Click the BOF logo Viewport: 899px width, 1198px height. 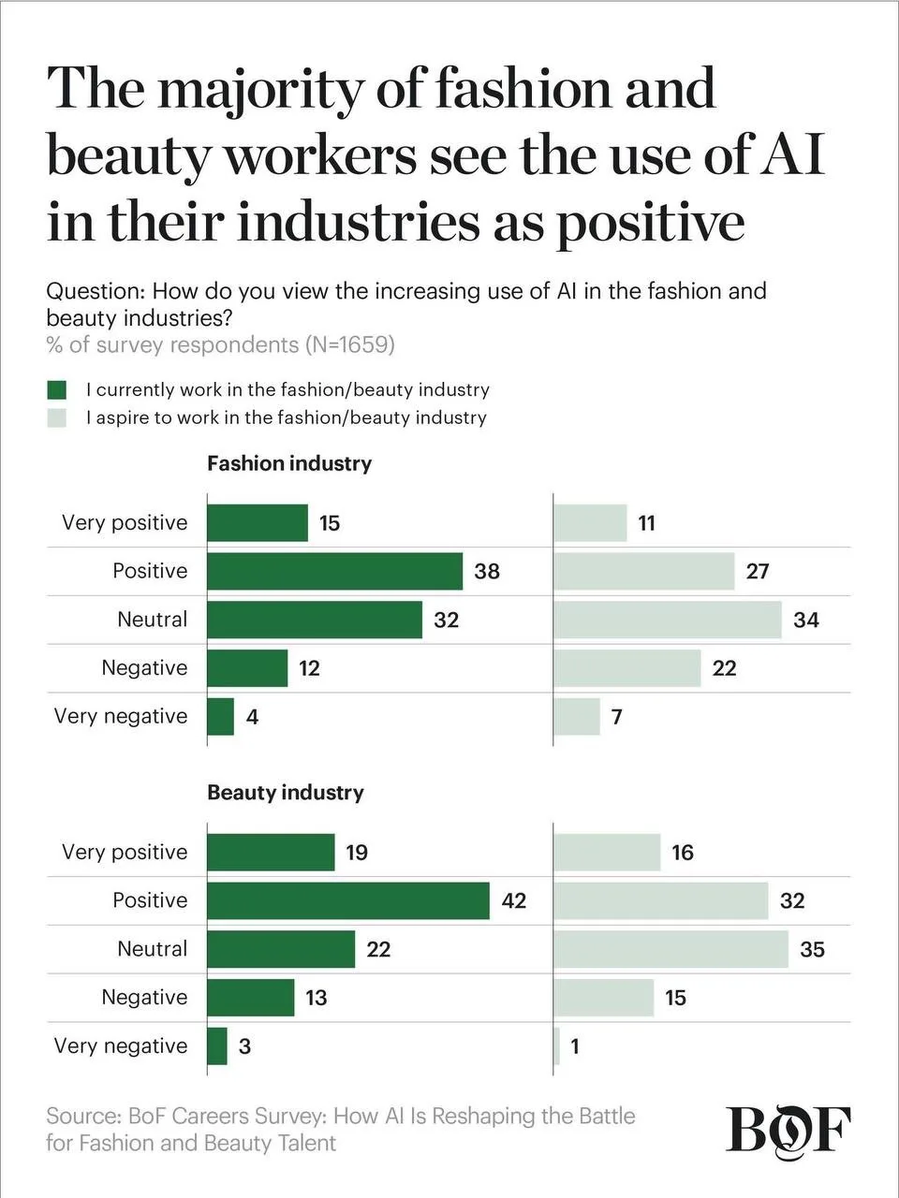(788, 1132)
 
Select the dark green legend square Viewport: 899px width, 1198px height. (57, 389)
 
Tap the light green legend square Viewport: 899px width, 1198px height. (57, 418)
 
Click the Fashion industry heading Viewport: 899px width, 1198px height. (289, 464)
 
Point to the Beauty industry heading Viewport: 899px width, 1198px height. (286, 793)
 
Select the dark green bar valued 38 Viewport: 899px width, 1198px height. (334, 571)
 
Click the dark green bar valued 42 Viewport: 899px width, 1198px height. (348, 900)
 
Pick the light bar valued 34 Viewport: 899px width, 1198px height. (668, 620)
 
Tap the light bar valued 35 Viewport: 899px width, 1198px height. (671, 949)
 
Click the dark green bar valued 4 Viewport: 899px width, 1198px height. (220, 717)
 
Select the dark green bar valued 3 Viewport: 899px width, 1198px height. (217, 1046)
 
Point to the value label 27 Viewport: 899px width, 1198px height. (757, 572)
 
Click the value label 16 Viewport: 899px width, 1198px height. (683, 853)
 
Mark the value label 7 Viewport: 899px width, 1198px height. (617, 717)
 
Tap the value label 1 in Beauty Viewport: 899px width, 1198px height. (574, 1046)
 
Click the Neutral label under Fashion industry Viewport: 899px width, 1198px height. (153, 620)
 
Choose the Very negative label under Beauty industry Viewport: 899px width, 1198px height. (121, 1046)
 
